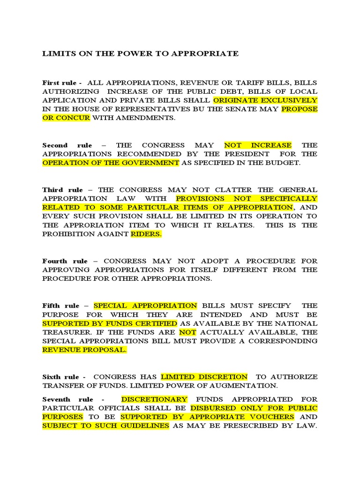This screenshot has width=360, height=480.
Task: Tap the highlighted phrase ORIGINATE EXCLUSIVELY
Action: [x=265, y=100]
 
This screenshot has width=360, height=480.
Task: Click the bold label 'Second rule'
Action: [x=67, y=145]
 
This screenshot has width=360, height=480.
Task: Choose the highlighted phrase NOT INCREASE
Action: [x=258, y=145]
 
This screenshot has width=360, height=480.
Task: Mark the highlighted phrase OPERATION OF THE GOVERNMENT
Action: [x=111, y=163]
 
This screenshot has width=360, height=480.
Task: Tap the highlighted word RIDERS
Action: [x=146, y=234]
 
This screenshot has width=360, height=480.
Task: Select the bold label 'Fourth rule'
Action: [x=67, y=261]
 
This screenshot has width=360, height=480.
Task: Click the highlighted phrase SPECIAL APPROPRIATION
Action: [x=145, y=306]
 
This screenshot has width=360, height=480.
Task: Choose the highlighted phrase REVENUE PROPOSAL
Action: [x=84, y=350]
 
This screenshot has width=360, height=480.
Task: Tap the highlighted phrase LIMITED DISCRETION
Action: [x=204, y=377]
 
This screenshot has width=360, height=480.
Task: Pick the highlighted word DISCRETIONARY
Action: [x=154, y=399]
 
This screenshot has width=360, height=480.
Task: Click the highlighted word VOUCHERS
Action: [x=272, y=417]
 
